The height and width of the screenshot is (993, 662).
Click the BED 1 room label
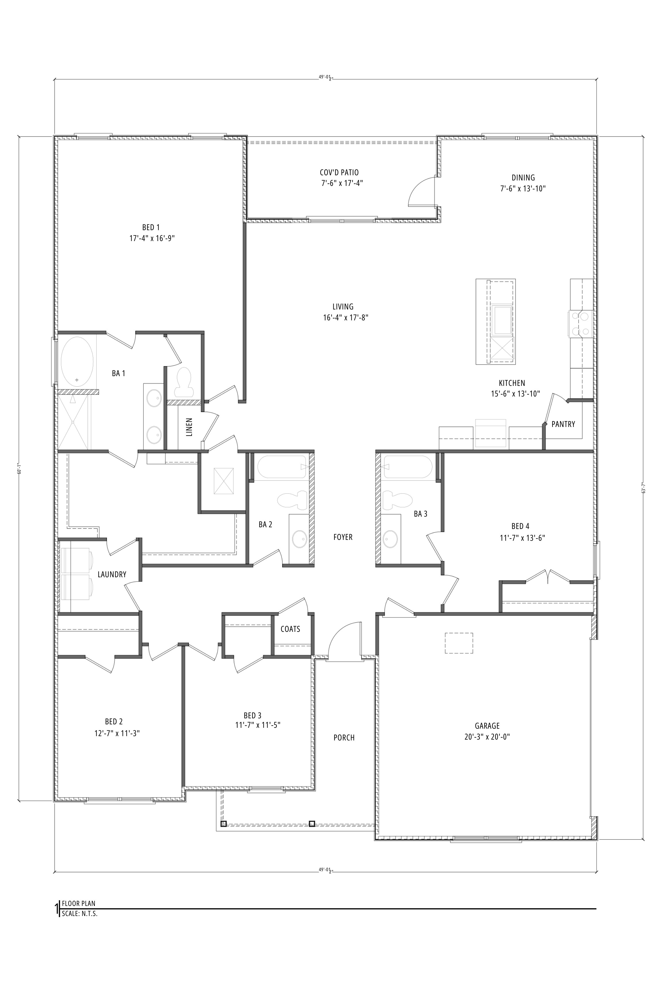coord(151,228)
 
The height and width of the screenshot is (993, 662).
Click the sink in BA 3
coord(390,539)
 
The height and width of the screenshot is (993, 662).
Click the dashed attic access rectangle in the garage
coord(459,643)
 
